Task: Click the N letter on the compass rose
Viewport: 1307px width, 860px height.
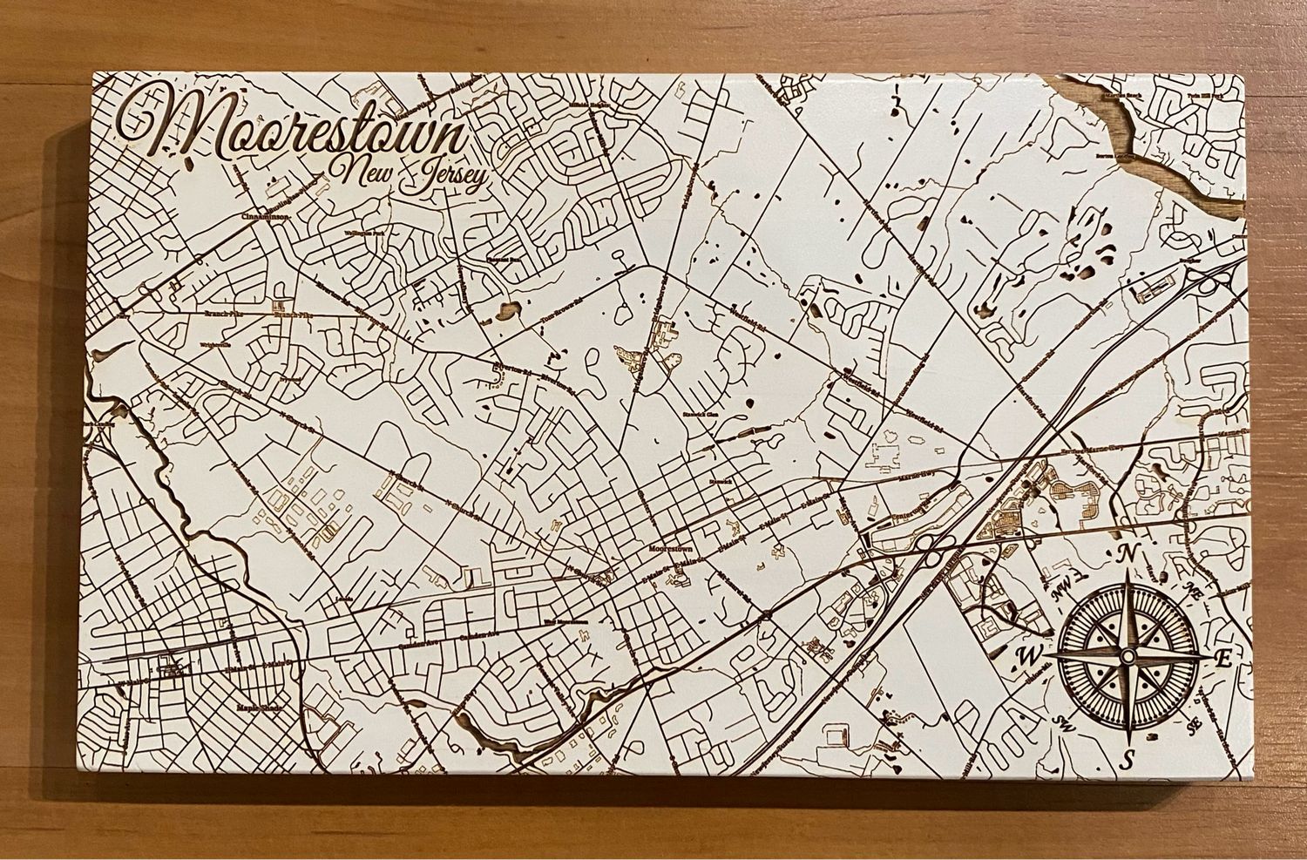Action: click(x=1130, y=553)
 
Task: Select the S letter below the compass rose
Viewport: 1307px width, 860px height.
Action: click(x=1127, y=759)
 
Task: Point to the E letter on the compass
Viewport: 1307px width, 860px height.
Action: click(x=1222, y=659)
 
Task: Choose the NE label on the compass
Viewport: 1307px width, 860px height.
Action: click(x=1195, y=590)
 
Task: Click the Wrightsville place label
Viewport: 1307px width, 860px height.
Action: click(x=213, y=344)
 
